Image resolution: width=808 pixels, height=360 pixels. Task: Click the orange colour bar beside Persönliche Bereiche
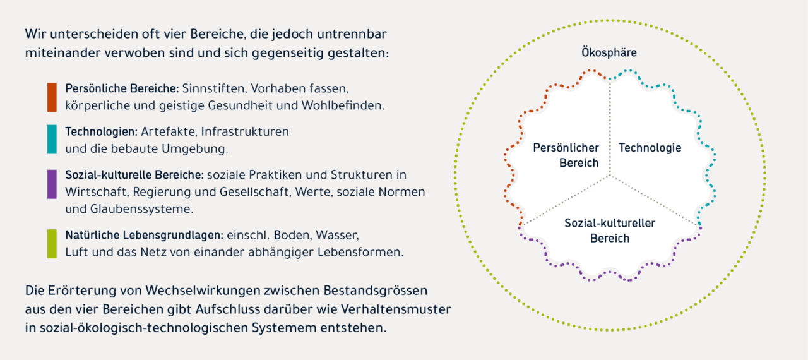[52, 97]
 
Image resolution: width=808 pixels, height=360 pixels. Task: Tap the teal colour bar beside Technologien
[52, 140]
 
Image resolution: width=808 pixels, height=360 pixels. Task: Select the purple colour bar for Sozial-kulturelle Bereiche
[52, 184]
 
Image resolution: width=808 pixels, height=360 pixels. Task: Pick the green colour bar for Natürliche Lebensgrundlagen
[52, 244]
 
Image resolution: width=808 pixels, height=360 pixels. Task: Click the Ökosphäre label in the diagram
[609, 52]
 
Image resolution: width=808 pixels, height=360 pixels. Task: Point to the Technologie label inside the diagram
[650, 148]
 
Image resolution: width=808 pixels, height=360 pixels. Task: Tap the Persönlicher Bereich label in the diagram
[566, 155]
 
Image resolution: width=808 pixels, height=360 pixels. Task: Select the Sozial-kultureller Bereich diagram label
[610, 231]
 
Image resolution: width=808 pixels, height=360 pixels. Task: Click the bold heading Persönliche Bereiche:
[122, 88]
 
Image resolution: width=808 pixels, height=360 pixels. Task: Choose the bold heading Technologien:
[102, 131]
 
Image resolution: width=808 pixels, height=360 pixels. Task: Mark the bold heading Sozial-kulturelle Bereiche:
[134, 175]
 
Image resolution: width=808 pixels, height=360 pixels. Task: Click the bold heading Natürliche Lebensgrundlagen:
[145, 235]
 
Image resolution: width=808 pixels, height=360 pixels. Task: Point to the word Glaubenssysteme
[142, 209]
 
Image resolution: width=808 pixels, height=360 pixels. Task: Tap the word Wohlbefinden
[343, 105]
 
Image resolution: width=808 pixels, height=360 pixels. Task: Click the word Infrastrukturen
[245, 131]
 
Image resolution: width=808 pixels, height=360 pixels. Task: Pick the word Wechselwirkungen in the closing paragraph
[205, 291]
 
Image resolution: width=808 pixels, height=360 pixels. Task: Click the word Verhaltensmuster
[396, 309]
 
